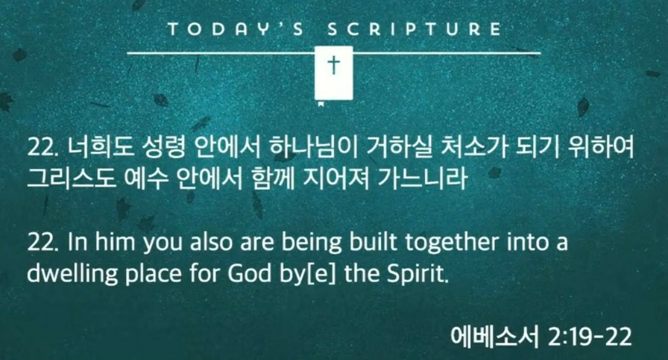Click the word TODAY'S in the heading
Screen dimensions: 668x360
(236, 29)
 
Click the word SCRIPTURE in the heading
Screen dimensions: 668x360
(414, 29)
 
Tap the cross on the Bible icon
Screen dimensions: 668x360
(334, 65)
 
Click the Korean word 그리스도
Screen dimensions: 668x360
(71, 178)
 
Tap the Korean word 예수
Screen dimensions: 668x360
(145, 178)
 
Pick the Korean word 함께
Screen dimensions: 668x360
(273, 178)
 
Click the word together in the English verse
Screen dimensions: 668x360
(451, 242)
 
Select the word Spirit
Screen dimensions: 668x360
(417, 274)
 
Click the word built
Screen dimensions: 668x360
(373, 242)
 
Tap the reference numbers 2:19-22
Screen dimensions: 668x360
(589, 337)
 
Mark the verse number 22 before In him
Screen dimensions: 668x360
(41, 242)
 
